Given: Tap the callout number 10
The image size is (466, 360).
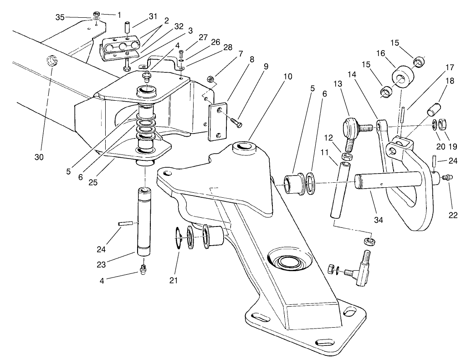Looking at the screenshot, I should [x=287, y=77].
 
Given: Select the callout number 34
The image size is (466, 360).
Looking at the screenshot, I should [x=379, y=220].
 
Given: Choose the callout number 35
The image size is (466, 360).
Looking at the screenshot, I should [x=60, y=17].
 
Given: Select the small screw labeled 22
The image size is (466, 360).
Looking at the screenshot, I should [x=447, y=177].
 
